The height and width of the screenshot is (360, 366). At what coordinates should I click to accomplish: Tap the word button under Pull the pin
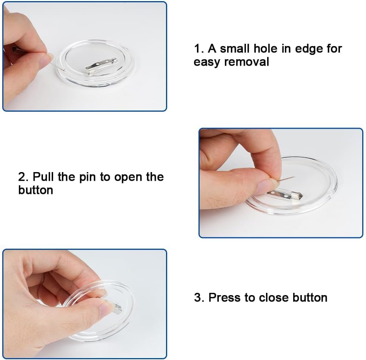(36, 190)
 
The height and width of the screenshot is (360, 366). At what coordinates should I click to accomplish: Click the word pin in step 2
(88, 177)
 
